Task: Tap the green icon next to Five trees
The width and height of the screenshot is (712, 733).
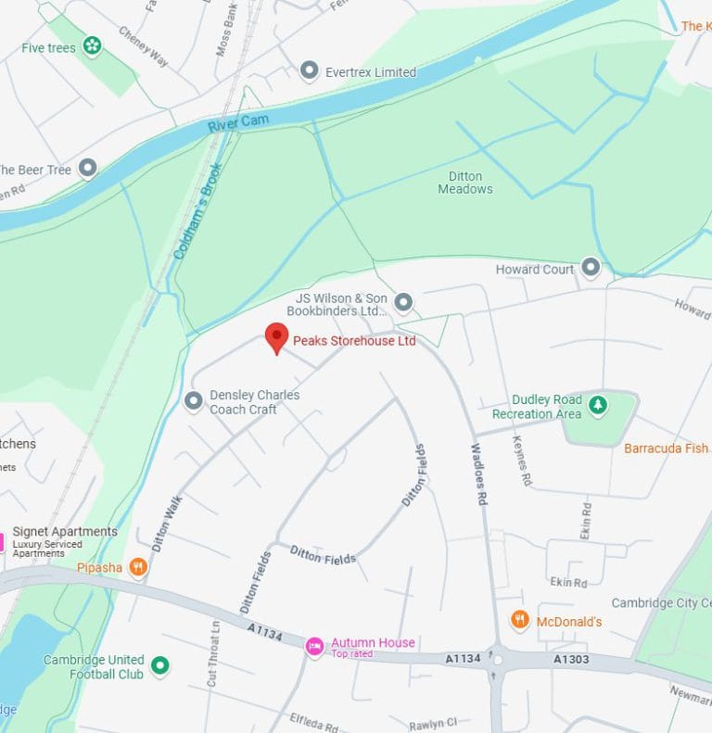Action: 92,45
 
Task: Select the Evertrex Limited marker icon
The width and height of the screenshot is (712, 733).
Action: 310,71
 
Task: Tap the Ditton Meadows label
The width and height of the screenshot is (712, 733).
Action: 464,182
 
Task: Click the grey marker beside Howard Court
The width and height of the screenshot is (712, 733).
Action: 591,269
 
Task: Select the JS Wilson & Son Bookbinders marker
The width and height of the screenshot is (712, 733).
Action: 403,302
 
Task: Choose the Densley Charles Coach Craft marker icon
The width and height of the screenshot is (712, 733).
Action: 193,400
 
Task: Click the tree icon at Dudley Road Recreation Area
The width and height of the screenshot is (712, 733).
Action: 599,404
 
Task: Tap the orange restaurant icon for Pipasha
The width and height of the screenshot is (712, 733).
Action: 138,566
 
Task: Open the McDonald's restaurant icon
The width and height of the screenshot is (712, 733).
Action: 520,620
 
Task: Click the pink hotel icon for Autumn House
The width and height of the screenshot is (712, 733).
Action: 315,645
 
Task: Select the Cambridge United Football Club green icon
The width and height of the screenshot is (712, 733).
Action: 160,664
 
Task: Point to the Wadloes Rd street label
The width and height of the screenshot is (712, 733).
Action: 478,474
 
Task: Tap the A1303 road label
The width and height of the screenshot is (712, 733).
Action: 571,659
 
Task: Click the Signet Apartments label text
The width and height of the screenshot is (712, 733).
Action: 65,532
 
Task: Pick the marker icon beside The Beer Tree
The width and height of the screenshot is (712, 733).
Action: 87,168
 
